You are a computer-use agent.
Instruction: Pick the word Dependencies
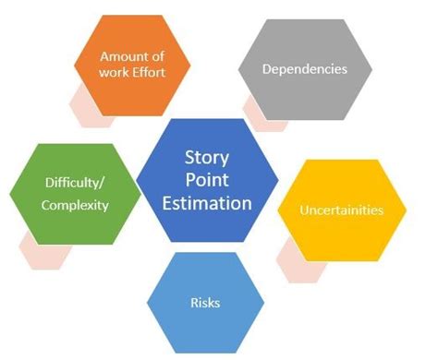(x=305, y=68)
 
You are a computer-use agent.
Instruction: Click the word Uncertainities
(x=341, y=210)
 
